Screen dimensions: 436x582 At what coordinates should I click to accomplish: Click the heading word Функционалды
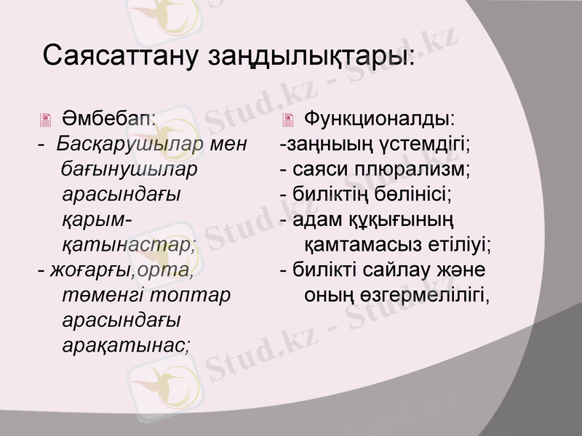[x=380, y=117]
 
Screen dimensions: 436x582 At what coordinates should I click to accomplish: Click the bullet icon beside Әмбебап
[x=47, y=118]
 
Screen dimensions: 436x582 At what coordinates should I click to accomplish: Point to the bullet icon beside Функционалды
[x=290, y=118]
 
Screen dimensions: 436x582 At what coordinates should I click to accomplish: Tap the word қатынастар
[x=129, y=245]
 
